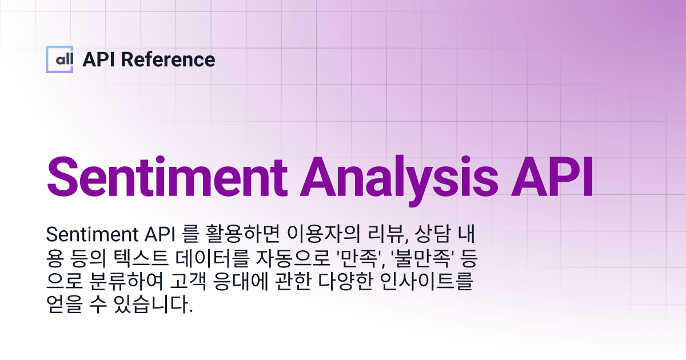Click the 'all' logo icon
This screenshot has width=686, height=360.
(59, 59)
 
